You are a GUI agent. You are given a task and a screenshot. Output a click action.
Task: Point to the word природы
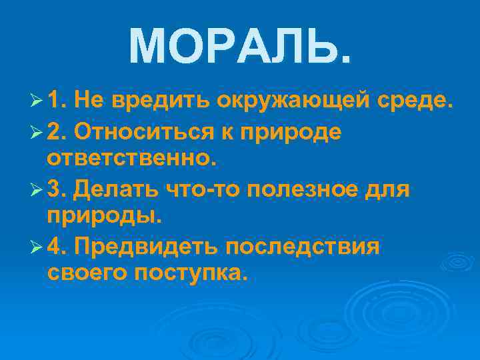(x=104, y=217)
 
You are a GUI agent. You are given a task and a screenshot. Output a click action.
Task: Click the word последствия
(x=303, y=247)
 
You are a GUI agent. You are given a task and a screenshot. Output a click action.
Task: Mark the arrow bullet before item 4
(x=37, y=247)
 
